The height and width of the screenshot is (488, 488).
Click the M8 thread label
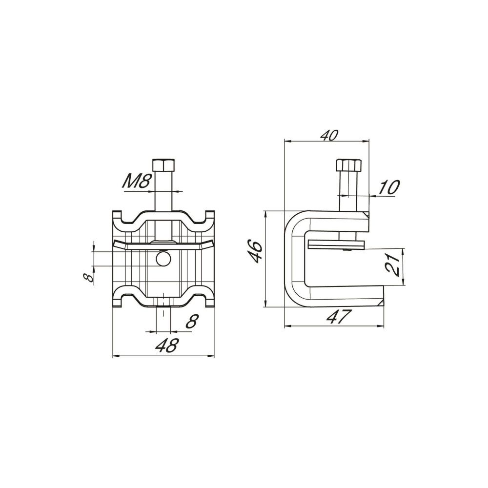click(137, 181)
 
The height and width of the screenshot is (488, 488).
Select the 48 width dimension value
click(167, 345)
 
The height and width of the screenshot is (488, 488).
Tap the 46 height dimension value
click(256, 251)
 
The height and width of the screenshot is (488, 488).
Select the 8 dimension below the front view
click(191, 321)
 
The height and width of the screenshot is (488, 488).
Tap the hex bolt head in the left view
click(163, 164)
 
